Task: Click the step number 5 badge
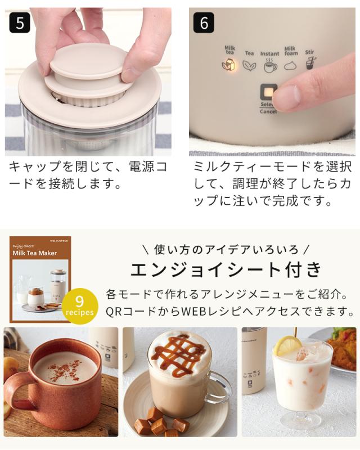[20, 22]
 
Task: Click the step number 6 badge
[204, 22]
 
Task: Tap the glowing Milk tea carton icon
[229, 65]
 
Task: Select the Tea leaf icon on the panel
[249, 66]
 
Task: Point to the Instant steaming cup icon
[270, 66]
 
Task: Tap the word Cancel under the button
[268, 111]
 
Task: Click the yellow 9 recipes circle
[79, 306]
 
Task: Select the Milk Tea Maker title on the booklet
[34, 253]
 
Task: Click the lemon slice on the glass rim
[287, 345]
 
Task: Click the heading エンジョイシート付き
[227, 269]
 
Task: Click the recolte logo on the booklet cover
[59, 241]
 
